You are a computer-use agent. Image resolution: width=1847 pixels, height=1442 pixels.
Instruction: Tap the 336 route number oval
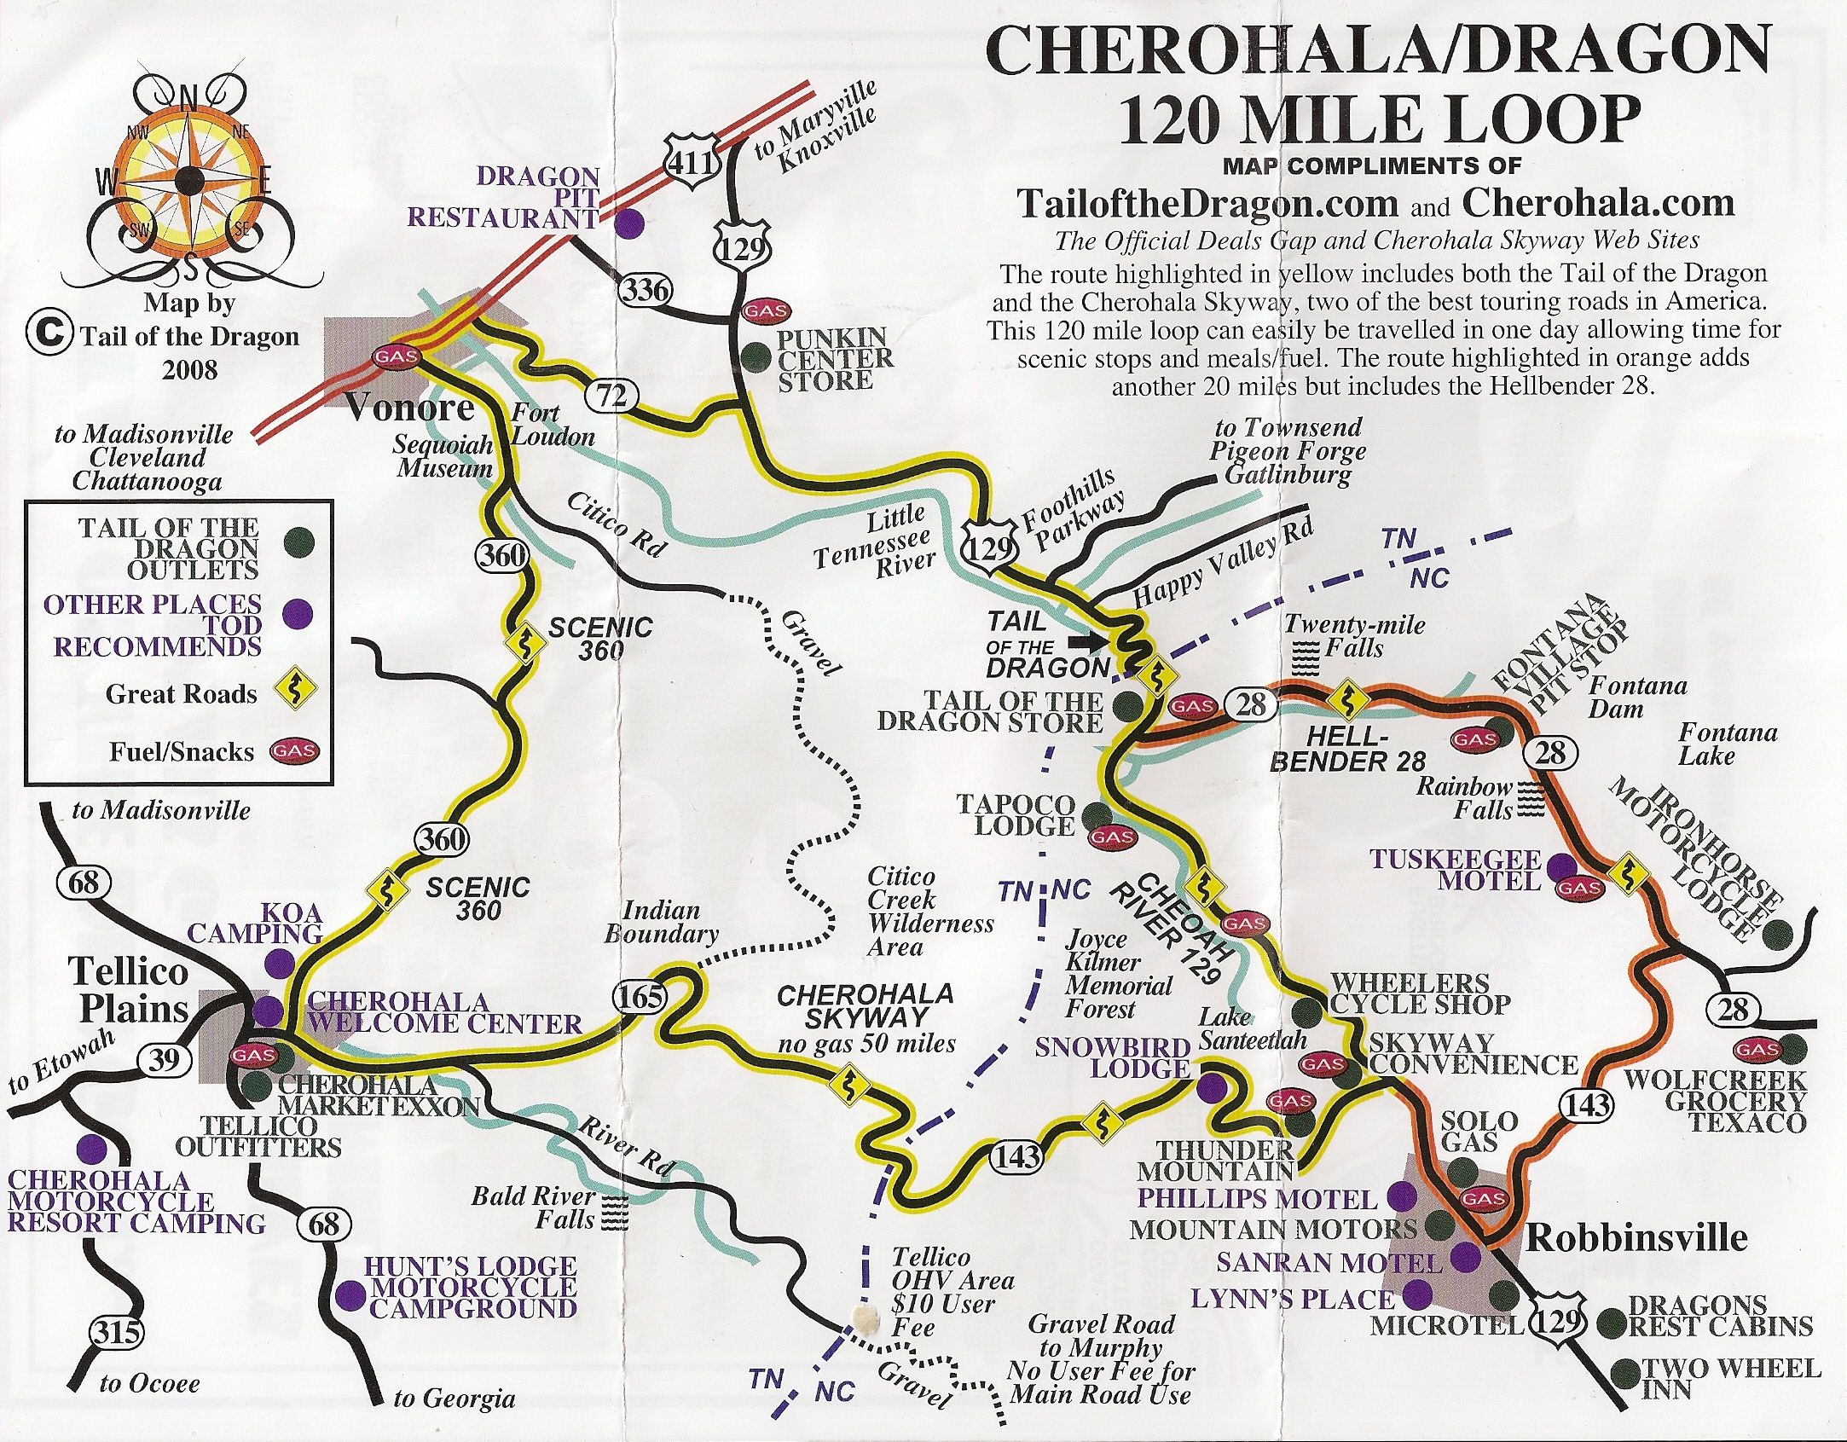tap(646, 290)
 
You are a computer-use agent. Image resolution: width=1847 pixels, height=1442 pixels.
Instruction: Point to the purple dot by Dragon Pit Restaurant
tap(629, 223)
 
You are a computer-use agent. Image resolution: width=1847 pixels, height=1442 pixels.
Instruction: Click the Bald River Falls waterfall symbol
tap(614, 1212)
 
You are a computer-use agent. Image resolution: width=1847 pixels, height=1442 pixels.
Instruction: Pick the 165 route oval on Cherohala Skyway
tap(640, 996)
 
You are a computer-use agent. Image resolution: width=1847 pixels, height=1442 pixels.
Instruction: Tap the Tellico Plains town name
tap(132, 990)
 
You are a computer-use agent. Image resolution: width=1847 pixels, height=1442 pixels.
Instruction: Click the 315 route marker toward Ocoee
tap(117, 1330)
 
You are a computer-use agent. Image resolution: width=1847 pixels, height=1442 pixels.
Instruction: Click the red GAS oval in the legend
tap(293, 751)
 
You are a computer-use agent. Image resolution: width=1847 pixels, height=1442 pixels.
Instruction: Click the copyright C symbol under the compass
tap(47, 335)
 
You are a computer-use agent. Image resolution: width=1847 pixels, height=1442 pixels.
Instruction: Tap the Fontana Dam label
tap(1637, 697)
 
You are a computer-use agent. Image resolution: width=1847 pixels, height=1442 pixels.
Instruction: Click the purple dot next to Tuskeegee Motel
tap(1561, 865)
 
